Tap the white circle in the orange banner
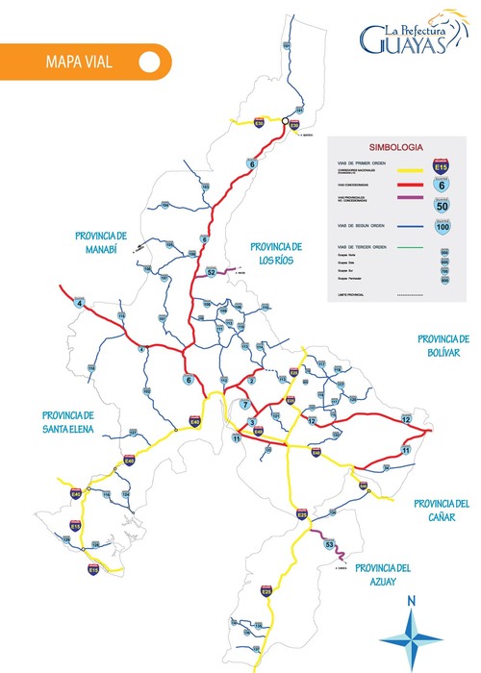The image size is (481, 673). click(148, 62)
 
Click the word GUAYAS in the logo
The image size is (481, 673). click(403, 41)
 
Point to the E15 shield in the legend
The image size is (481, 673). click(442, 165)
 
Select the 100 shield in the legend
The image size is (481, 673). click(442, 227)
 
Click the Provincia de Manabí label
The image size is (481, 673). click(101, 241)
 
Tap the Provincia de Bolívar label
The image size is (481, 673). click(442, 345)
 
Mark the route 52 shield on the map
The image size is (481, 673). click(212, 272)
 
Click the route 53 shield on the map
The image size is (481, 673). click(330, 545)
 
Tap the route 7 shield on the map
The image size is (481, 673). click(244, 405)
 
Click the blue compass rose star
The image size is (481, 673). click(411, 637)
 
